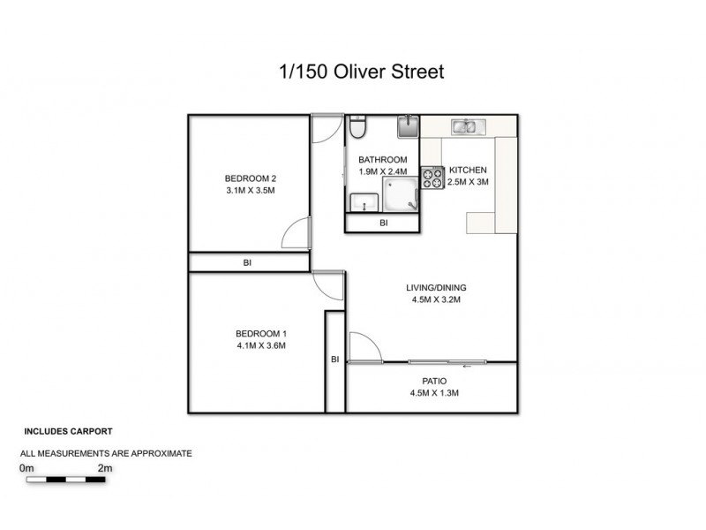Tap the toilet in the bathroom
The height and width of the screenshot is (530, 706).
[357, 130]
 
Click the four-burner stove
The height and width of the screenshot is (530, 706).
[432, 178]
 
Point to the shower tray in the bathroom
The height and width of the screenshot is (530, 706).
[400, 193]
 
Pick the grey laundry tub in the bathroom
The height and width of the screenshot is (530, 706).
[408, 127]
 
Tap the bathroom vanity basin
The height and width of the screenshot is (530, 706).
[362, 203]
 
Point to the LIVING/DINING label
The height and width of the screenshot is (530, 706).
[436, 288]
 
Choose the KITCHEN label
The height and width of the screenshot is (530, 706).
[468, 170]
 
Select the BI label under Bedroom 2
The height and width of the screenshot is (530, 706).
[248, 263]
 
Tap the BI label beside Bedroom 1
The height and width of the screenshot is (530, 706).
[334, 360]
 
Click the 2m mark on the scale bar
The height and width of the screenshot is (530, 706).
[105, 467]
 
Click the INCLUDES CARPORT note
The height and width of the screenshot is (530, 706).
[67, 433]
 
